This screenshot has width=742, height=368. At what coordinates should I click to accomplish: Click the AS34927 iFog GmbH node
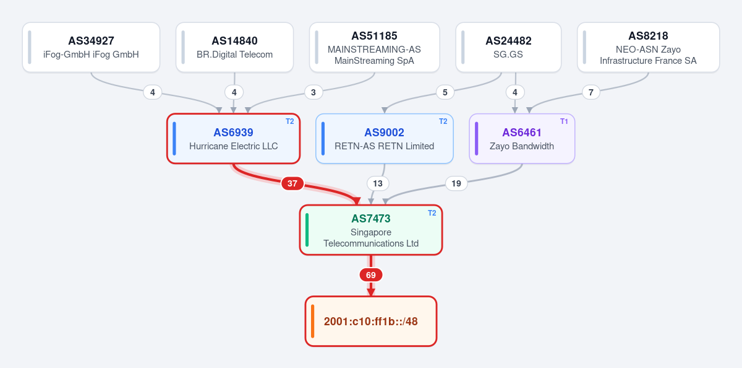(91, 47)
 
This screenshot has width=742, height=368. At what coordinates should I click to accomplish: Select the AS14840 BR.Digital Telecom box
(234, 47)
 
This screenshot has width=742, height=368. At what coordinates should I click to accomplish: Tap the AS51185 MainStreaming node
(374, 47)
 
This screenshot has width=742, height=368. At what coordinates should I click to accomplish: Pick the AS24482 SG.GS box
(508, 47)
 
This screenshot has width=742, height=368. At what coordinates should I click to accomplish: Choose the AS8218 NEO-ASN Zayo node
(648, 47)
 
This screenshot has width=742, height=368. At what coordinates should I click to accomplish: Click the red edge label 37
(292, 183)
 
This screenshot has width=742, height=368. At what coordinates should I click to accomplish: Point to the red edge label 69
(370, 275)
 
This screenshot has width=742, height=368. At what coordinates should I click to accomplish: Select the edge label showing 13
(378, 183)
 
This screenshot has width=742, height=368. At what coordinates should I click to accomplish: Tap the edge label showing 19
(456, 183)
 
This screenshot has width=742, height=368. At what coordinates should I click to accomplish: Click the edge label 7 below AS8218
(591, 92)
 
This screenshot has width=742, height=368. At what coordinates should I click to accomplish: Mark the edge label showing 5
(445, 92)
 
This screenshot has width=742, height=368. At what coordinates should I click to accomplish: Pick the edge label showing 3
(313, 92)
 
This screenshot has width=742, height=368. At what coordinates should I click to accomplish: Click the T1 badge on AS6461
(564, 121)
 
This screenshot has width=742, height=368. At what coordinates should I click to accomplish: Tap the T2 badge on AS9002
(443, 121)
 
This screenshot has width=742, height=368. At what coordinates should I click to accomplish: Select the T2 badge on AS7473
(432, 213)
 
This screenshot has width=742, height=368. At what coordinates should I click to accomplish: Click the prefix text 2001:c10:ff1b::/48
(370, 321)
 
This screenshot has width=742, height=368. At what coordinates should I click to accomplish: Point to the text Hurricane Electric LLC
(234, 146)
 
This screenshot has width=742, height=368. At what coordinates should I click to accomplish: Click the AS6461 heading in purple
(522, 133)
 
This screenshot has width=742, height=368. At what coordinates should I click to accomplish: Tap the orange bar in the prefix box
(312, 321)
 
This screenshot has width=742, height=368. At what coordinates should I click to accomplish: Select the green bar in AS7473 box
(307, 230)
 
